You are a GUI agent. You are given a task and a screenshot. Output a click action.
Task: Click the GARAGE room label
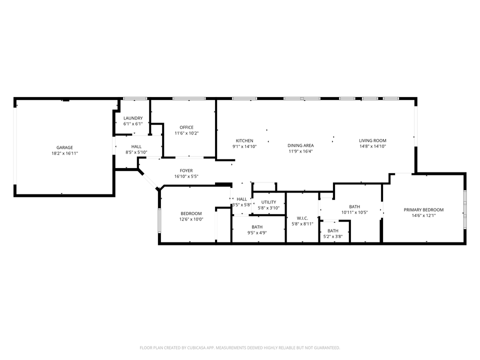(x=64, y=147)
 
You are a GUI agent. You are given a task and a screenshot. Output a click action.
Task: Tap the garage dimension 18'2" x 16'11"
(x=64, y=153)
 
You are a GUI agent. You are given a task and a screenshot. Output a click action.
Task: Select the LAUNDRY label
(x=133, y=118)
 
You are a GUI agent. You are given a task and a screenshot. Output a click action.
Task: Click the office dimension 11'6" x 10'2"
(x=186, y=133)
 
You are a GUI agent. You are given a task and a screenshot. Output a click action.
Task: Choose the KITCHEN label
(x=244, y=141)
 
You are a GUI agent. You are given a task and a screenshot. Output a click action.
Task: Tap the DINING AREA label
(x=300, y=145)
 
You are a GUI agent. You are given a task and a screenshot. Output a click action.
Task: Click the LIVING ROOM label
(x=372, y=141)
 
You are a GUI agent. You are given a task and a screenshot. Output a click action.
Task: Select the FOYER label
(x=186, y=171)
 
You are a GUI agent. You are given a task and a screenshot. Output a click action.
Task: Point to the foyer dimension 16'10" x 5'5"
(x=186, y=176)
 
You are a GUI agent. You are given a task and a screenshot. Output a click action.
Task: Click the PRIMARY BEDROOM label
(x=423, y=210)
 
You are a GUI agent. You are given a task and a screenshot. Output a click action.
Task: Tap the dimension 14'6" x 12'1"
(x=423, y=216)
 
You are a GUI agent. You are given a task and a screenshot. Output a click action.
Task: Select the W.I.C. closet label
(x=302, y=218)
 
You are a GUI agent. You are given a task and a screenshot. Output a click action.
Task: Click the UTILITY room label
(x=268, y=202)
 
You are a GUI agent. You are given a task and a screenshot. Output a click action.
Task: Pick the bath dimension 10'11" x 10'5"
(x=354, y=212)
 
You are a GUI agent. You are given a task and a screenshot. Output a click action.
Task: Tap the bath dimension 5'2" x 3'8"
(x=333, y=236)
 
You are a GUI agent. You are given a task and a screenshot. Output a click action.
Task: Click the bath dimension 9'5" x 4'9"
(x=257, y=233)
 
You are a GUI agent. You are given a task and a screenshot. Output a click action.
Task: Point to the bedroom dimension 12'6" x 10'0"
(x=191, y=219)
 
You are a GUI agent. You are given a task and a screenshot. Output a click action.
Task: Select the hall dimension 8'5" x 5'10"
(x=136, y=152)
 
